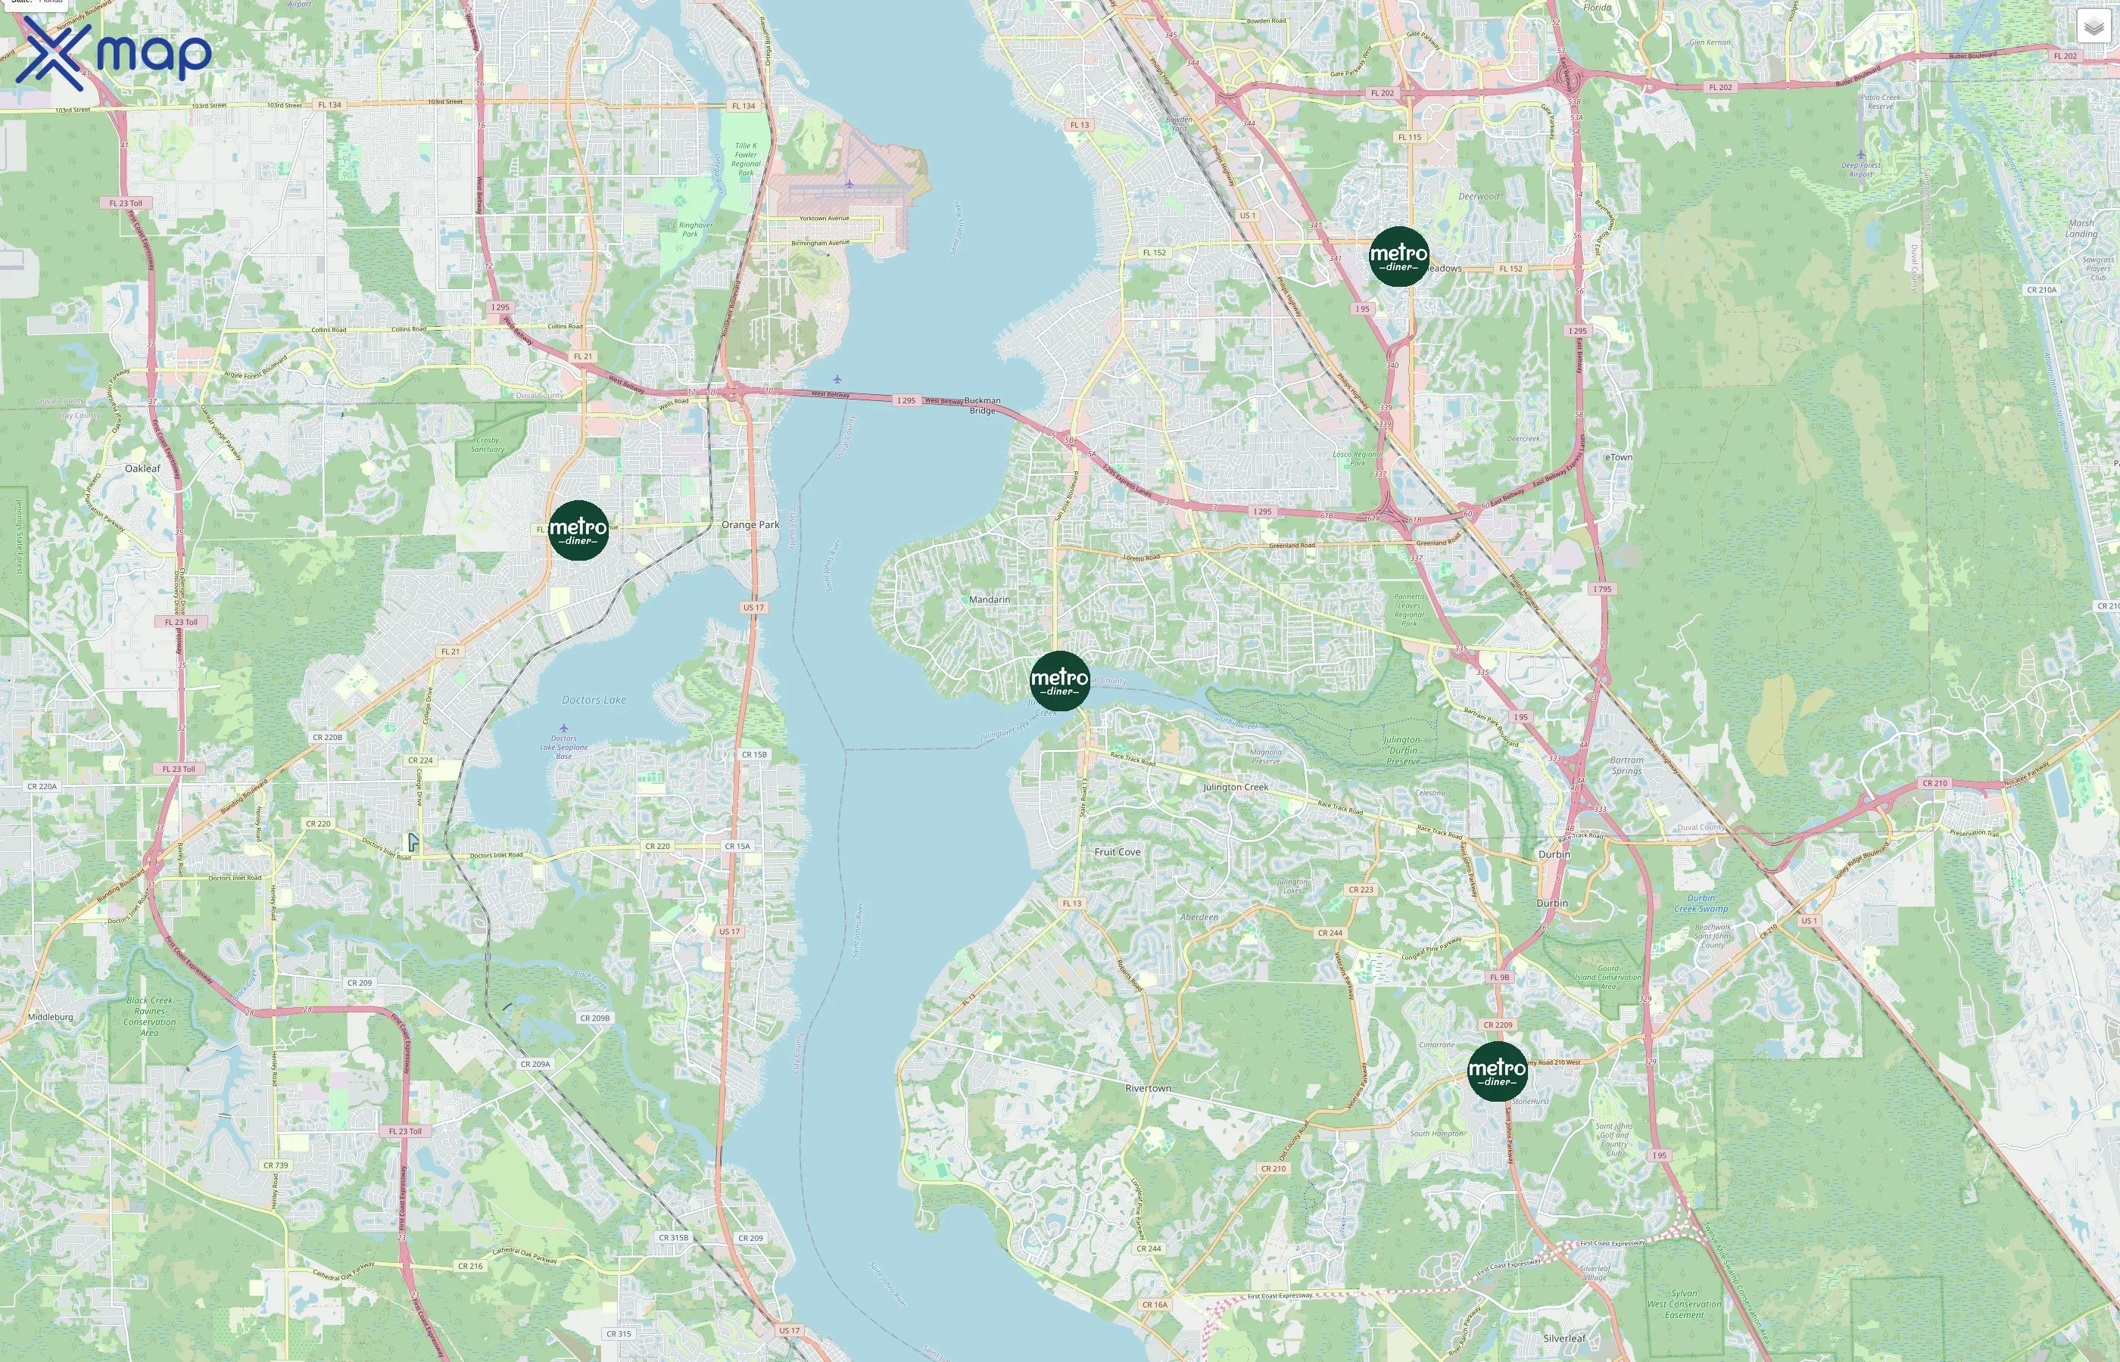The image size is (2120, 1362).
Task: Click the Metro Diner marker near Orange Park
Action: click(578, 530)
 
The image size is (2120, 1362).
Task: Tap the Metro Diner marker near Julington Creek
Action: click(1059, 681)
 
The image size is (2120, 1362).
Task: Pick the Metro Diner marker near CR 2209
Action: click(1496, 1071)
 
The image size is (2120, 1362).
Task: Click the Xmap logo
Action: click(114, 53)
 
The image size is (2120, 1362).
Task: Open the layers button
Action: click(2093, 26)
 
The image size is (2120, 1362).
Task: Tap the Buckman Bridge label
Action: click(982, 405)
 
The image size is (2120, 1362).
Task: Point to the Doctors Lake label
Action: click(594, 700)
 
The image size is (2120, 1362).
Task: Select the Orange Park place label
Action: click(750, 524)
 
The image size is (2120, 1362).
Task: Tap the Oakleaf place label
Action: click(142, 468)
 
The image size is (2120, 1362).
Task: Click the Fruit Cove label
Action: click(1117, 852)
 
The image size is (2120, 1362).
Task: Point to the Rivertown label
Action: click(1148, 1088)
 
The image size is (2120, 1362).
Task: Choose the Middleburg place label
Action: click(51, 1017)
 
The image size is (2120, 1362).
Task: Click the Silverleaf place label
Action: click(1563, 1338)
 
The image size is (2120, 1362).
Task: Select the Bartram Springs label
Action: click(1626, 765)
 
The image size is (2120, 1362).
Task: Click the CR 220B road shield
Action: click(327, 737)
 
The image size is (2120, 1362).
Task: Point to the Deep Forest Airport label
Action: click(1861, 169)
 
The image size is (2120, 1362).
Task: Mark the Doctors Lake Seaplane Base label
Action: click(563, 748)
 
